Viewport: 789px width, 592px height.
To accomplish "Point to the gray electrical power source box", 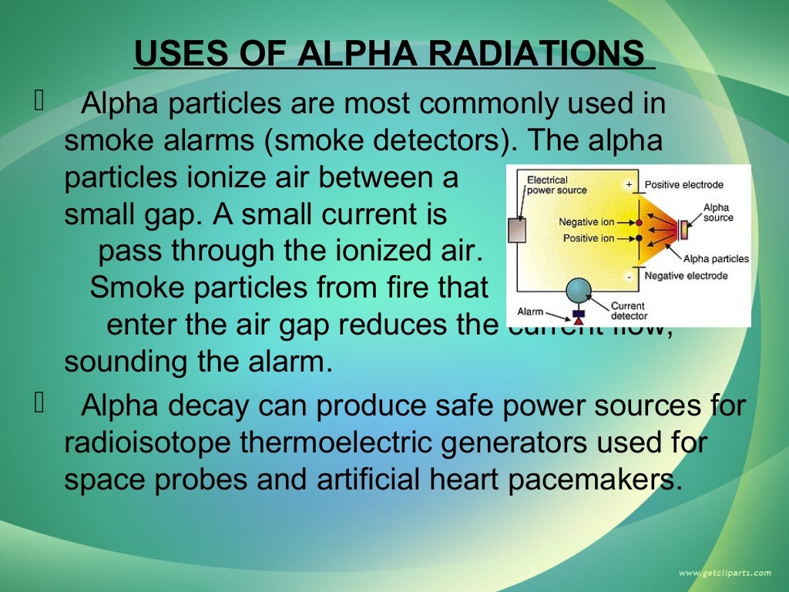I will [517, 230].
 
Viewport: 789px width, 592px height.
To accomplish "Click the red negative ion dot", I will [639, 222].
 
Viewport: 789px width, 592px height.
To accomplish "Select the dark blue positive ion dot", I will [639, 238].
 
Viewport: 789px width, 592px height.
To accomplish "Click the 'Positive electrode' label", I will [683, 185].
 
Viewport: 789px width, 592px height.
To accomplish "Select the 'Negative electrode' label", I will [686, 276].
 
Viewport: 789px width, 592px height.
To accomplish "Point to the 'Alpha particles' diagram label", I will [716, 259].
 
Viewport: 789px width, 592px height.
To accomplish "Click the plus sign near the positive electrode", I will [629, 185].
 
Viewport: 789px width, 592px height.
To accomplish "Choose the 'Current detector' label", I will [629, 311].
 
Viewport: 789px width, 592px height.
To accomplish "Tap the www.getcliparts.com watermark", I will [724, 573].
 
